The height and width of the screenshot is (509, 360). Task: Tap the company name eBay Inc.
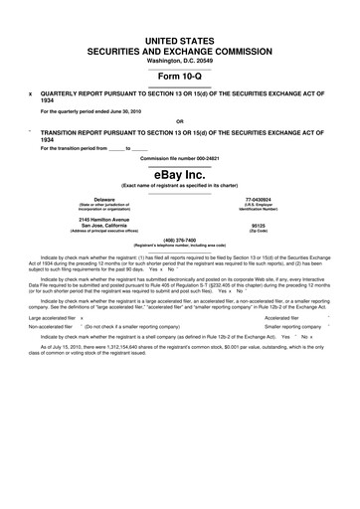(x=180, y=174)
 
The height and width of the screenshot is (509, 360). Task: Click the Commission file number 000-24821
(x=180, y=157)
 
